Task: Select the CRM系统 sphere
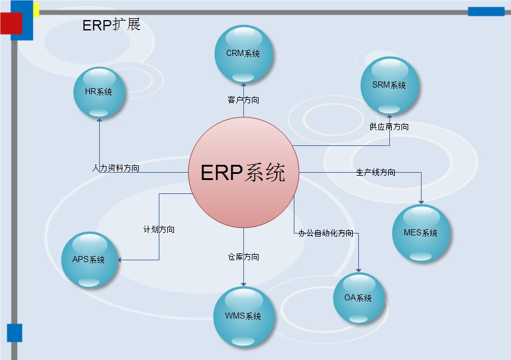click(243, 54)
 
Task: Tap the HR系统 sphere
click(99, 92)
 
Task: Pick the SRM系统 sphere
click(389, 86)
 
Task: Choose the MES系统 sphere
click(421, 233)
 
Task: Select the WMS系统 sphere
click(243, 316)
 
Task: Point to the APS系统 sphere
click(89, 260)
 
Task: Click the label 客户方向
click(243, 100)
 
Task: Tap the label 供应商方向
click(389, 127)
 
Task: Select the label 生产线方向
click(376, 173)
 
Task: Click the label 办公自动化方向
click(326, 233)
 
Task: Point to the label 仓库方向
click(243, 257)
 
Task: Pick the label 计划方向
click(159, 230)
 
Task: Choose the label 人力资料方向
click(116, 168)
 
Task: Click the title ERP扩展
click(111, 25)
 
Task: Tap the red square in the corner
click(11, 23)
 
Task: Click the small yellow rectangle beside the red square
click(36, 10)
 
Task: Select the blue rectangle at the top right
click(486, 11)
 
